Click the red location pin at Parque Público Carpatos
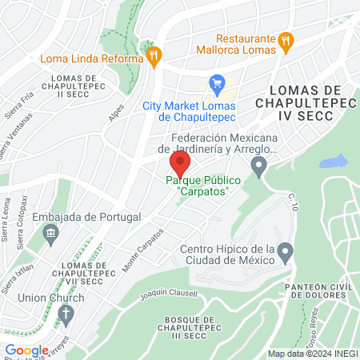179,165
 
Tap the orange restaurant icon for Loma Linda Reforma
154,55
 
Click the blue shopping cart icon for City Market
215,82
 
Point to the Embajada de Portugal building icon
52,234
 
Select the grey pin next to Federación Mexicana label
258,167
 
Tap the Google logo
26,350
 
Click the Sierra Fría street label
18,105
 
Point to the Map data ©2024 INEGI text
311,354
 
